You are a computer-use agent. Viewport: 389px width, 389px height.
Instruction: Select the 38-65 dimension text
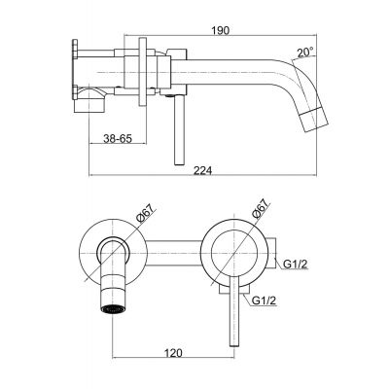pyautogui.click(x=118, y=140)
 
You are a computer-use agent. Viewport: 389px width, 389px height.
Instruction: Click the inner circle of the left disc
pyautogui.click(x=116, y=251)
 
